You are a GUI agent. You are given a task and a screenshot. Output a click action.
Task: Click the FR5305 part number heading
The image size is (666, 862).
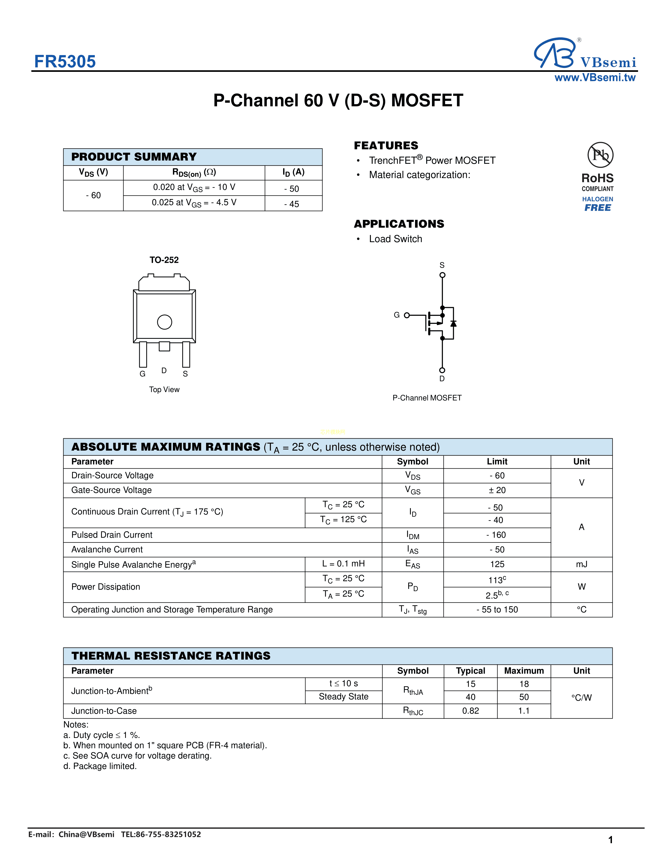click(x=65, y=62)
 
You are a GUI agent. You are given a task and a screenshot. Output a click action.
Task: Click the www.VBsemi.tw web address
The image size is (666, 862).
click(x=595, y=78)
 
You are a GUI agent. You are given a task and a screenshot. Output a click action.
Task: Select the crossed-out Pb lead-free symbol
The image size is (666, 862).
click(x=600, y=155)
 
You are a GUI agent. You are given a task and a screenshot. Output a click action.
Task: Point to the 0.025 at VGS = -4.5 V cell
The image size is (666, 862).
click(x=194, y=203)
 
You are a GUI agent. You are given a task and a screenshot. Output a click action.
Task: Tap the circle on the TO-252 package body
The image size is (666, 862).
click(x=165, y=322)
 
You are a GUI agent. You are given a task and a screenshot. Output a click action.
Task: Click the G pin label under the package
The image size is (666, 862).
click(x=142, y=374)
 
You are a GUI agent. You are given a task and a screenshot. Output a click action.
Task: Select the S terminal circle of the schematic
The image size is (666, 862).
click(x=442, y=275)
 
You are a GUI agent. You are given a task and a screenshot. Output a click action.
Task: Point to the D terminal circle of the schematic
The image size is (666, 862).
click(x=442, y=370)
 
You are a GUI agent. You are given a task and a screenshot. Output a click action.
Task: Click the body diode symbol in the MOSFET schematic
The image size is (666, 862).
click(x=453, y=324)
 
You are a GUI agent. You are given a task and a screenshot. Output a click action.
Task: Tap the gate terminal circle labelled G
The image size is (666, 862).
click(x=407, y=315)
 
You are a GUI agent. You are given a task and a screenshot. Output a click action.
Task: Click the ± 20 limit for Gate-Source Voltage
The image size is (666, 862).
click(x=497, y=490)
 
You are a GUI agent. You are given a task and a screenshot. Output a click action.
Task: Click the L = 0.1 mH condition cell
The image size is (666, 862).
click(x=343, y=564)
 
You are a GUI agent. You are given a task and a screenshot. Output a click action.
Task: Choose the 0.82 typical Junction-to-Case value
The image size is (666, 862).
click(x=470, y=711)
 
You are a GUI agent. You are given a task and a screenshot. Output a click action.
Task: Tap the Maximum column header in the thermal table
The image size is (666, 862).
click(x=524, y=671)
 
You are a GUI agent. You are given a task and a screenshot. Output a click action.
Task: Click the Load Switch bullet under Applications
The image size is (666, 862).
click(x=395, y=239)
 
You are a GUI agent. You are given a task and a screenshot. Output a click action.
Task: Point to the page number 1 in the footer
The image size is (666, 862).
click(x=610, y=840)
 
